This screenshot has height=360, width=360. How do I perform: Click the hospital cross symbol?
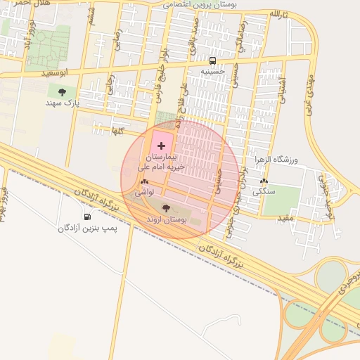click(x=162, y=146)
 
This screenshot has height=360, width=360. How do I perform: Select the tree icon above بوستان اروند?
click(x=166, y=207)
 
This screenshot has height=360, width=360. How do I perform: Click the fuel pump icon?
click(x=86, y=217)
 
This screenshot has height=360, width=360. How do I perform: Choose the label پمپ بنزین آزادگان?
click(x=88, y=228)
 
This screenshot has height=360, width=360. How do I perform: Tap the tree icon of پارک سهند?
click(x=63, y=91)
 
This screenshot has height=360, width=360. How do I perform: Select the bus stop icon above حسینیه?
click(x=213, y=60)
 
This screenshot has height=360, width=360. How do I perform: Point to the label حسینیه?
click(x=213, y=71)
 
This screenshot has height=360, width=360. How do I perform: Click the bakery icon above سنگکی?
click(x=264, y=181)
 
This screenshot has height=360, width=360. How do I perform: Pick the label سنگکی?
click(x=264, y=191)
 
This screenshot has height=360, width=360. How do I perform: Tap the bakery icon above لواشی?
click(x=144, y=181)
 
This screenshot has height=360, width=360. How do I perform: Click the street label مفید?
click(x=284, y=218)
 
